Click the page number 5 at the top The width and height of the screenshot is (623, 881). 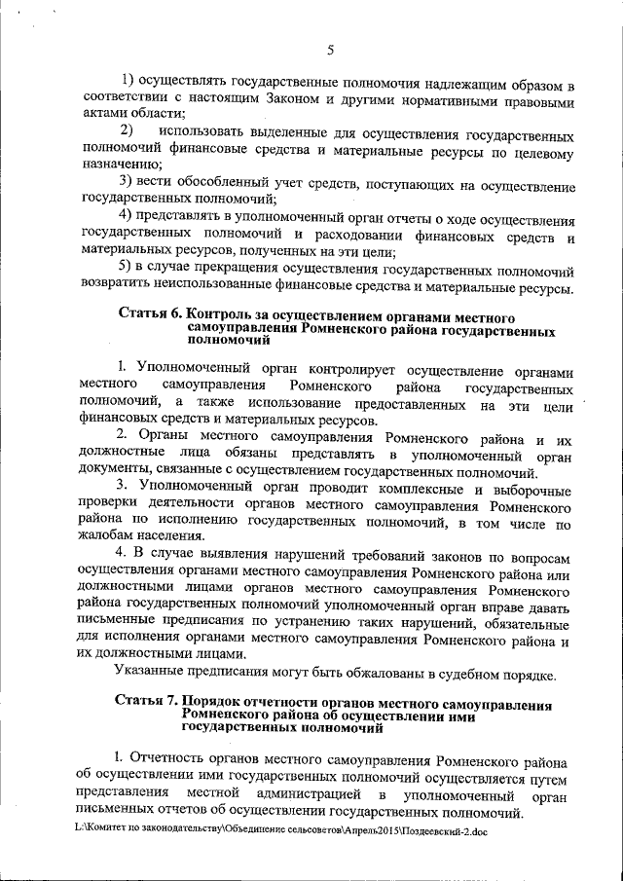[330, 50]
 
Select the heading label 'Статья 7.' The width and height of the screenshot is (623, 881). [147, 703]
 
